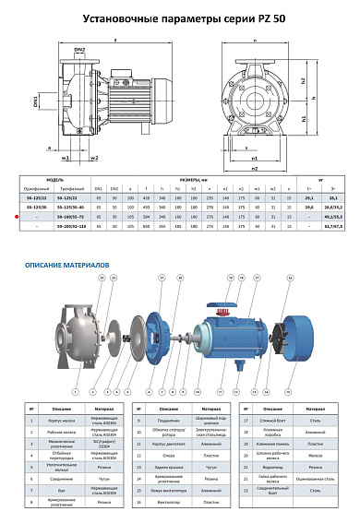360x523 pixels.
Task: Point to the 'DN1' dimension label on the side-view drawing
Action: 37,97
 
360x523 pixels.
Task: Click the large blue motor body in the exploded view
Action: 231,341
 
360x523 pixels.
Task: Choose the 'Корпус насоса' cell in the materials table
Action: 57,419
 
